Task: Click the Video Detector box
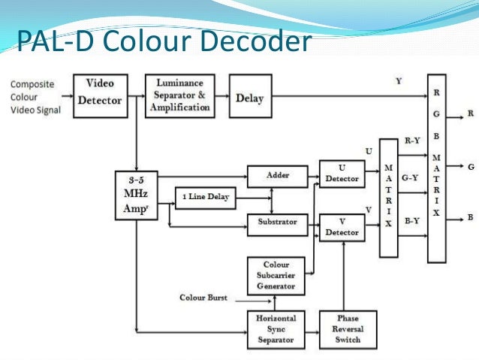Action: [x=100, y=94]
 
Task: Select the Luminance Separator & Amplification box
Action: [x=179, y=95]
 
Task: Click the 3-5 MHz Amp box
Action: [x=136, y=195]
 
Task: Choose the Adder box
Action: [x=277, y=176]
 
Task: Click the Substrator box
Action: [x=277, y=222]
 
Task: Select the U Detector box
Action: [x=342, y=174]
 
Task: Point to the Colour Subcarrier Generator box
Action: [x=277, y=275]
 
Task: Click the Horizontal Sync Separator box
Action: [x=277, y=329]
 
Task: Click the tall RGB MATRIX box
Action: [x=436, y=167]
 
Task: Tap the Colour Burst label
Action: [x=203, y=298]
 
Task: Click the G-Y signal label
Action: [x=411, y=178]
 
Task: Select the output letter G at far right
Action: [x=471, y=168]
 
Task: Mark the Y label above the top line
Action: [x=398, y=80]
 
